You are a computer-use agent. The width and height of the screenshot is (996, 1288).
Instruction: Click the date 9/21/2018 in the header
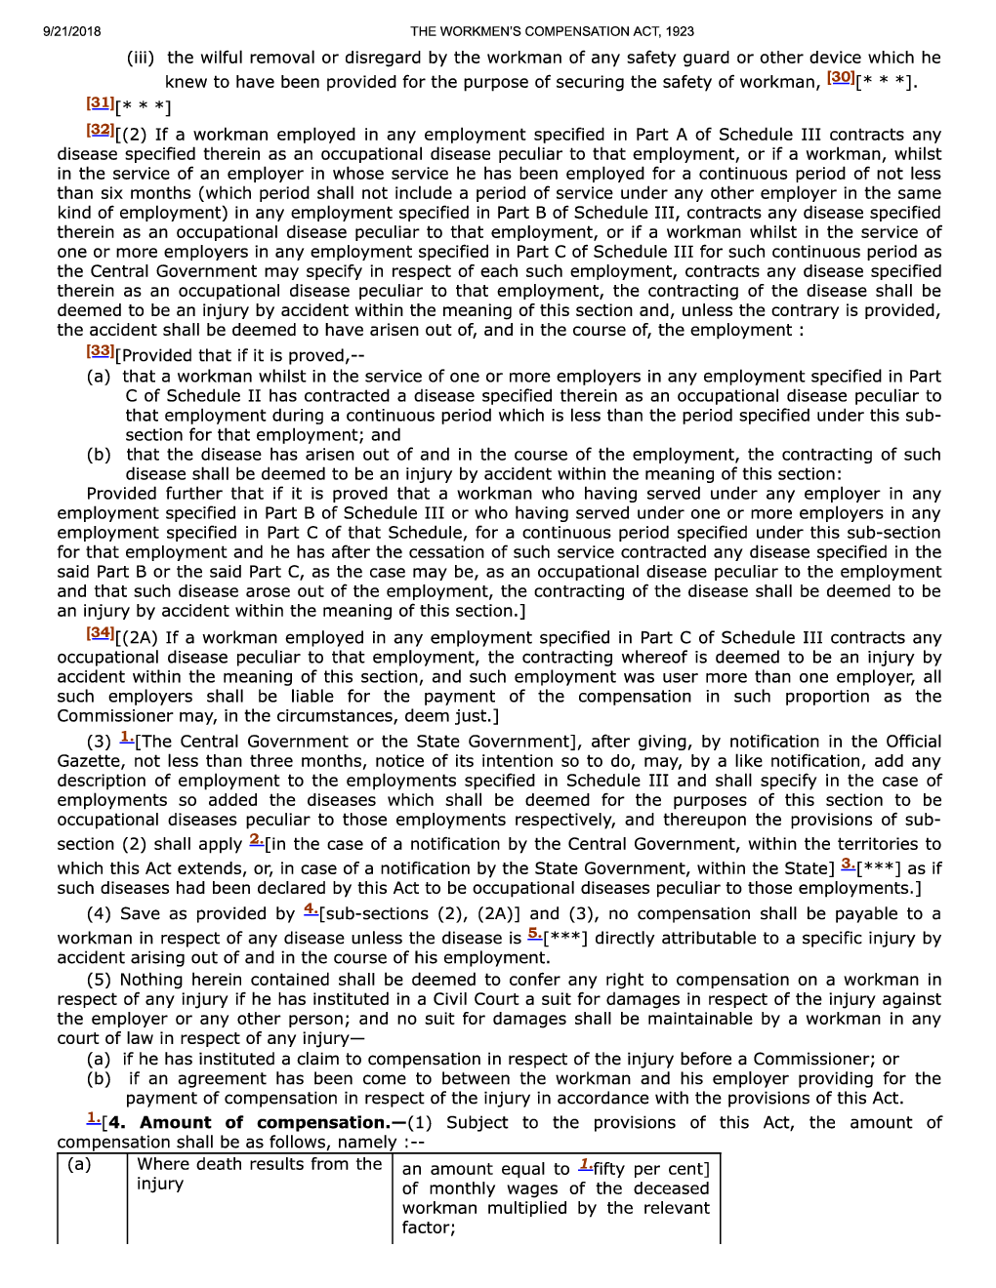pyautogui.click(x=71, y=31)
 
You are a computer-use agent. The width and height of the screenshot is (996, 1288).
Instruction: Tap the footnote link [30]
pyautogui.click(x=840, y=78)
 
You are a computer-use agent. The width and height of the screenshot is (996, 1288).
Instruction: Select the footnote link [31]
pyautogui.click(x=100, y=102)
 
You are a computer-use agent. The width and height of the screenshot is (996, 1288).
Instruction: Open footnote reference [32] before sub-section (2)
pyautogui.click(x=100, y=130)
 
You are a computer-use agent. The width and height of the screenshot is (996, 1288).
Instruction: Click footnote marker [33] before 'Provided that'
pyautogui.click(x=100, y=351)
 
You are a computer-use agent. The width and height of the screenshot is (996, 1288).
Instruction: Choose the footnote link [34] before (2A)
pyautogui.click(x=100, y=633)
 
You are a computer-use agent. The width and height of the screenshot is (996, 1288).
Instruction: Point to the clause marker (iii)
pyautogui.click(x=141, y=59)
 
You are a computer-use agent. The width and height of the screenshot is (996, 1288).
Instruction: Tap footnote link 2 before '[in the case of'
pyautogui.click(x=256, y=840)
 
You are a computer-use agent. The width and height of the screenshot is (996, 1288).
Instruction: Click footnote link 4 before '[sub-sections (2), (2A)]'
pyautogui.click(x=311, y=909)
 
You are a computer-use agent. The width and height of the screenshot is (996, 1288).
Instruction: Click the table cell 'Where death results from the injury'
pyautogui.click(x=259, y=1174)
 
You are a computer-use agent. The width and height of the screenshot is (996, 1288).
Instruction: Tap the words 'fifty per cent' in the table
pyautogui.click(x=648, y=1169)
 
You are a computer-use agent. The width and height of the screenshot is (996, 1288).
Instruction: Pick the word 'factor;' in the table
pyautogui.click(x=429, y=1228)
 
